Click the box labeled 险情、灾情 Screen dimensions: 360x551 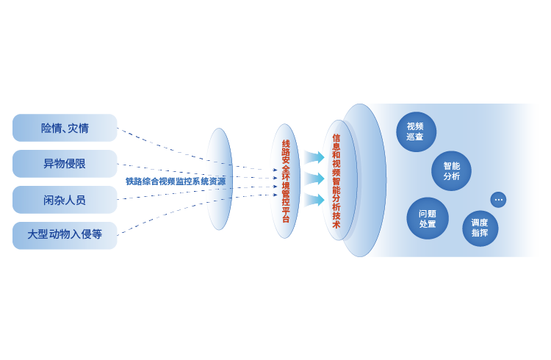(x=65, y=128)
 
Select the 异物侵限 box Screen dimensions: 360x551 (x=65, y=164)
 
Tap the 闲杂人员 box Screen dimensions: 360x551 (x=65, y=200)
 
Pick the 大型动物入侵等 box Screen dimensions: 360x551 (x=65, y=235)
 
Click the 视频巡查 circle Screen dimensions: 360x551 (x=416, y=132)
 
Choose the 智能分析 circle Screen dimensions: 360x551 (x=451, y=170)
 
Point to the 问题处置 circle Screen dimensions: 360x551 (x=428, y=218)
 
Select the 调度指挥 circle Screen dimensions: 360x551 (x=480, y=228)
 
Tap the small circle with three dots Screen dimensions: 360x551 (x=498, y=199)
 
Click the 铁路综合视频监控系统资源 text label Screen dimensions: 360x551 (x=175, y=181)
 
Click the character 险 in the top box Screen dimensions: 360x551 (x=46, y=129)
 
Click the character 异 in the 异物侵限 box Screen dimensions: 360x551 (x=48, y=164)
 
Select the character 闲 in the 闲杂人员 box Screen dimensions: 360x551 (x=48, y=200)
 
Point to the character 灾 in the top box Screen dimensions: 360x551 (x=73, y=129)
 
